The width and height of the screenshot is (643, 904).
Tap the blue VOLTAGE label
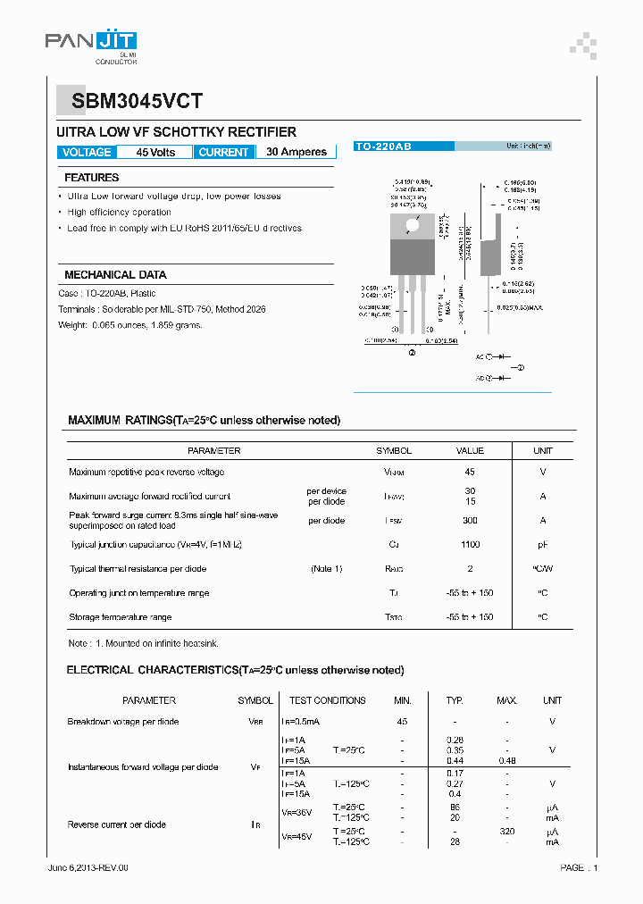(x=87, y=153)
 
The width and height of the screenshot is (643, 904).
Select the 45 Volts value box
(x=155, y=153)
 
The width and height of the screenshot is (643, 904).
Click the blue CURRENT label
(x=223, y=153)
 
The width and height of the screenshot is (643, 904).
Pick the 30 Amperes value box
(x=296, y=153)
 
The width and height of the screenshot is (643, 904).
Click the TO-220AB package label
(x=384, y=146)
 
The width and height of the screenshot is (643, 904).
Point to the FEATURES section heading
(x=91, y=178)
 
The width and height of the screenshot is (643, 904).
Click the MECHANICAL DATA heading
(x=115, y=275)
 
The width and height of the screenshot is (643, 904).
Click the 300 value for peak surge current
(x=470, y=520)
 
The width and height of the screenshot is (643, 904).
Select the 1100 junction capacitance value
(x=470, y=544)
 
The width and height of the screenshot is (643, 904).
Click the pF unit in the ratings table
(x=543, y=544)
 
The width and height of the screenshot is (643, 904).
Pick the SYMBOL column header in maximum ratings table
(x=394, y=451)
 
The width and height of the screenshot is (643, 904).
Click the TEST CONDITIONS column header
(x=328, y=700)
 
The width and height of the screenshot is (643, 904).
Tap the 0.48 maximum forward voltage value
(x=506, y=759)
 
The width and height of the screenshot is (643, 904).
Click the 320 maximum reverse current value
(x=506, y=830)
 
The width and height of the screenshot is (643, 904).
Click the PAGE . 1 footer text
(x=579, y=867)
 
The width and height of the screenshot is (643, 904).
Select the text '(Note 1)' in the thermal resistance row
(x=326, y=569)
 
